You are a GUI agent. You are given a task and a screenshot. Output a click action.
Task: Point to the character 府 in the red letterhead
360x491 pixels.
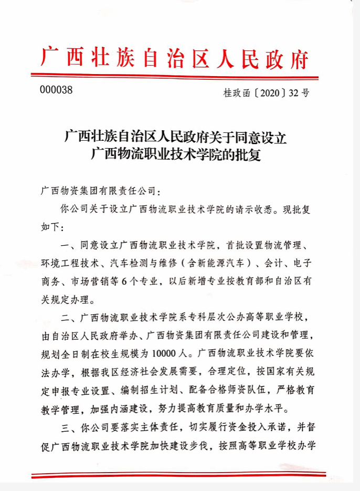[x=300, y=58]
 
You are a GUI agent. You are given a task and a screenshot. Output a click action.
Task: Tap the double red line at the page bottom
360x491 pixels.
[x=178, y=476]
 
